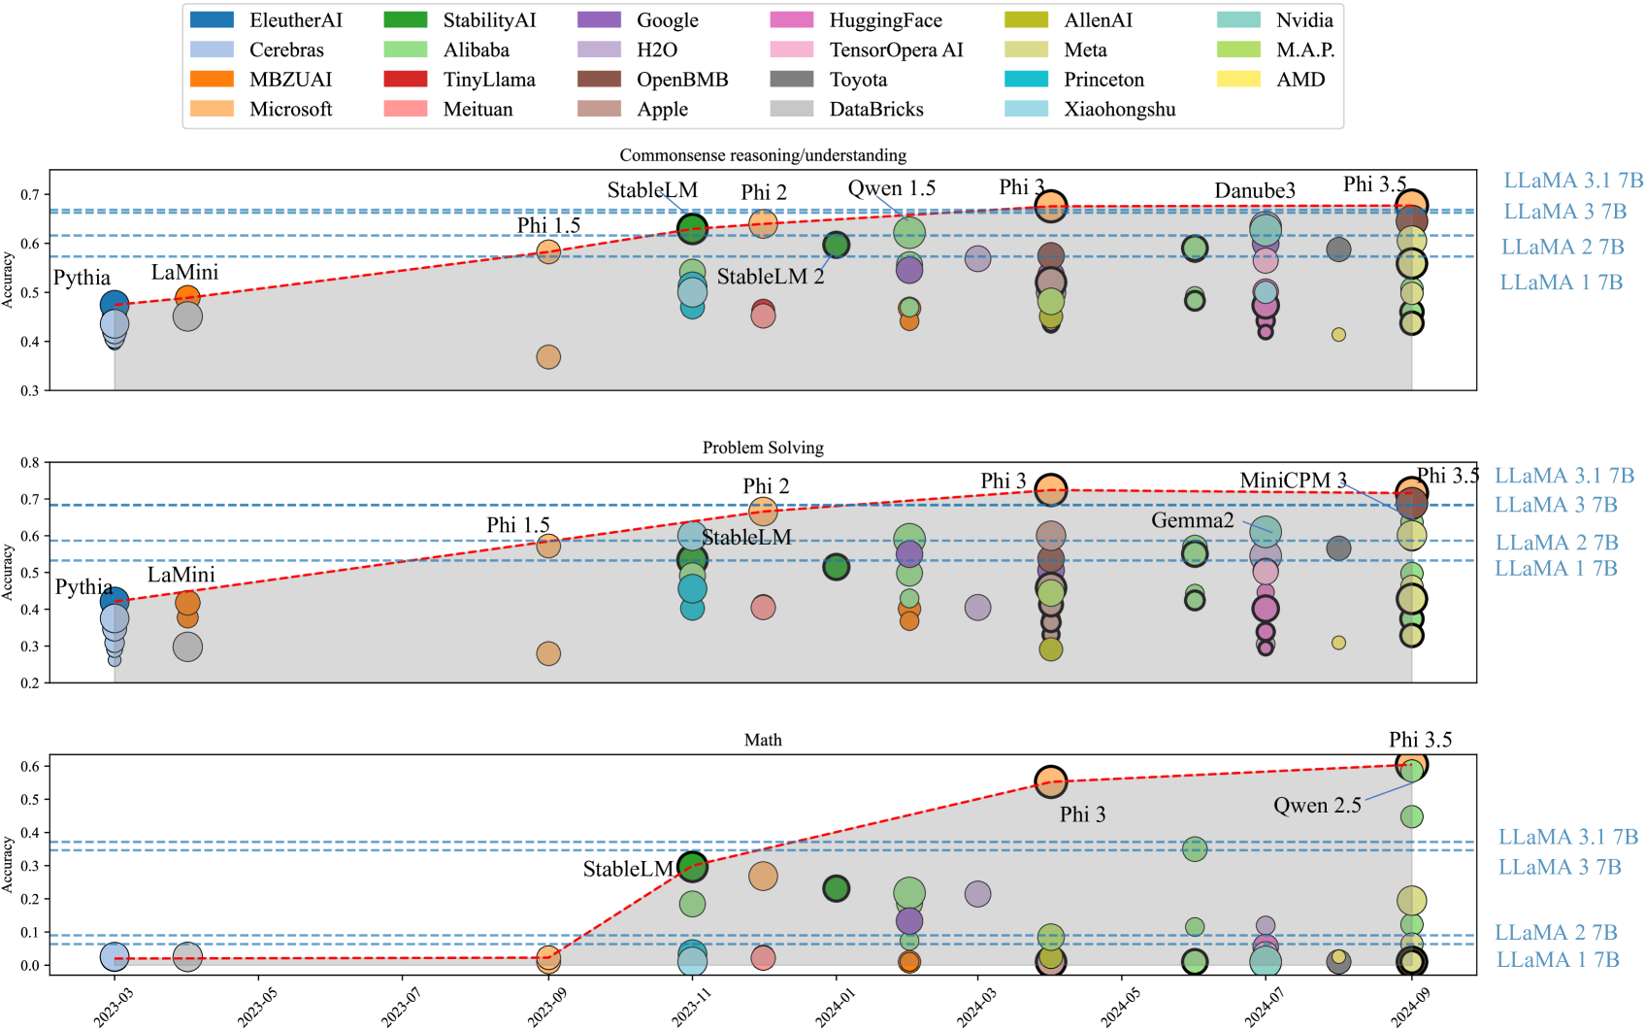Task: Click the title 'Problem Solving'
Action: (x=763, y=448)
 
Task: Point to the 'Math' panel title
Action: (x=763, y=740)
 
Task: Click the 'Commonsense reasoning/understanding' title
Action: (x=763, y=155)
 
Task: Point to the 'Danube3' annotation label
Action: (x=1254, y=190)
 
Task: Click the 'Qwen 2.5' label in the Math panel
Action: (x=1316, y=806)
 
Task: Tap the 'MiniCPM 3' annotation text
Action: (x=1293, y=481)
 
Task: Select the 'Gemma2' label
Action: (x=1192, y=520)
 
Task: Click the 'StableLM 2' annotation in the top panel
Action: (x=770, y=277)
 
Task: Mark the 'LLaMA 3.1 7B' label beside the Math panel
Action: (x=1567, y=837)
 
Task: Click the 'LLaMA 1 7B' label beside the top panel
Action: (x=1561, y=282)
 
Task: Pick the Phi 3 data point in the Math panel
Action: (x=1050, y=781)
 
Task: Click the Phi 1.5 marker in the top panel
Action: (x=548, y=252)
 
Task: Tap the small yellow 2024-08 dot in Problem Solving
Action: (x=1338, y=643)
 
